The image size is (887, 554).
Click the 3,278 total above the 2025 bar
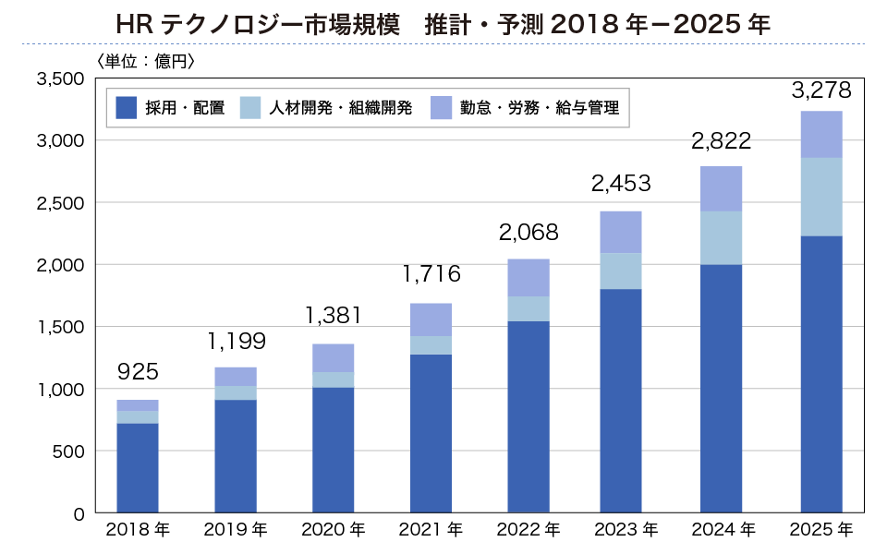pos(821,91)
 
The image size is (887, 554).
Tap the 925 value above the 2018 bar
pos(138,373)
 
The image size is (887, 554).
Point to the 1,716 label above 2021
pos(431,274)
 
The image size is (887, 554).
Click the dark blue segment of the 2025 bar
pos(821,374)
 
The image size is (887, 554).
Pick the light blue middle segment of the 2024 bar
pos(722,238)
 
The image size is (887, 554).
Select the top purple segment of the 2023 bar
pos(621,232)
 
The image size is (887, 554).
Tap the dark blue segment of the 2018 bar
pos(138,468)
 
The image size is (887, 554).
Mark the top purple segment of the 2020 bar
pos(333,358)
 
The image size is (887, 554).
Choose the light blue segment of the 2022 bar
pos(529,309)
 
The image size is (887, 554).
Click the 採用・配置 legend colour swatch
pos(127,108)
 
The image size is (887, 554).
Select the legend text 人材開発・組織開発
pos(340,108)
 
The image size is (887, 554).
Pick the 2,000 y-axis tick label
pos(60,265)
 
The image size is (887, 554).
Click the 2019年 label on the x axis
pos(235,530)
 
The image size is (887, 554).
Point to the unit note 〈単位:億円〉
pos(145,62)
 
